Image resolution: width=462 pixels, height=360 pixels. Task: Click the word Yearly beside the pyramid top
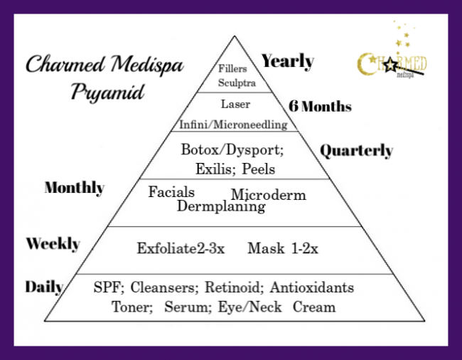(x=287, y=61)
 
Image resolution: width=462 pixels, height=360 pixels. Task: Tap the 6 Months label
(x=320, y=107)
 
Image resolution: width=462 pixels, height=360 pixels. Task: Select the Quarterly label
(x=356, y=151)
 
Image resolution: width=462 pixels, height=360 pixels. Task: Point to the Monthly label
(x=75, y=188)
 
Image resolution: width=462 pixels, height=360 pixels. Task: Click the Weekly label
(x=53, y=244)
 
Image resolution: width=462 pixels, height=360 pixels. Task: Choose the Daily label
(x=44, y=287)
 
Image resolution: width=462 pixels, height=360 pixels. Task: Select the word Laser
(x=234, y=104)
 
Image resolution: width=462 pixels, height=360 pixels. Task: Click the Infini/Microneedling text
(x=233, y=125)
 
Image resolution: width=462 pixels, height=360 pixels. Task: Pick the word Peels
(x=258, y=169)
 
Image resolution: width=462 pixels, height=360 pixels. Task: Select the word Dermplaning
(x=221, y=206)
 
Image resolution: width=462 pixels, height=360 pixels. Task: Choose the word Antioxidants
(x=311, y=288)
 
